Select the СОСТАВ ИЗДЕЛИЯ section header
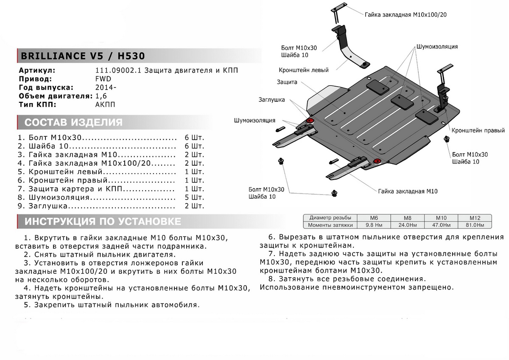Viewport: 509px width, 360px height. tap(74, 123)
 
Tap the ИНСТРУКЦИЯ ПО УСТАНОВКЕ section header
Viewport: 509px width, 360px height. tap(103, 221)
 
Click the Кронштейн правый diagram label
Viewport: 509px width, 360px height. tap(478, 130)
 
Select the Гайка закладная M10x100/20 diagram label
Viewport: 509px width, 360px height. tap(406, 14)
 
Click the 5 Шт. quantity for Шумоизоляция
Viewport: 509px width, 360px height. tap(194, 197)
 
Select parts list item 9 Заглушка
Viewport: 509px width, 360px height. tap(47, 206)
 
